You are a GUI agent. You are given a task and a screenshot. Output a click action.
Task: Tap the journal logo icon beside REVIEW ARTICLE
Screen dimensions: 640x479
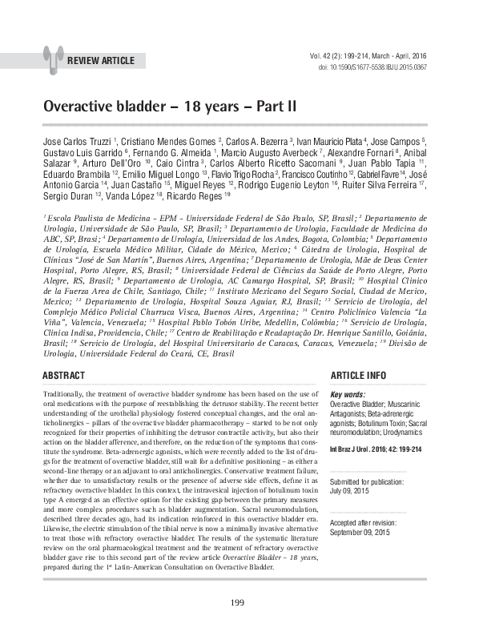(54, 57)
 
